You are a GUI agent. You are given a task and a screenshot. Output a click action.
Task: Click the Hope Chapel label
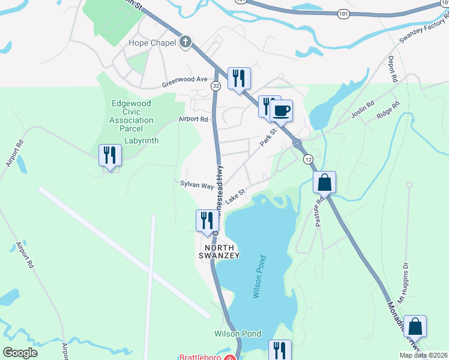click(152, 43)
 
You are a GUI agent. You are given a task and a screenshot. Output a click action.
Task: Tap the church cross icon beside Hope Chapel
click(186, 42)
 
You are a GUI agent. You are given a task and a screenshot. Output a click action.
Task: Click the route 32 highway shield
click(215, 86)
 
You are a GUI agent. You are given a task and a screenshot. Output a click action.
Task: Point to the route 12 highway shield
click(308, 159)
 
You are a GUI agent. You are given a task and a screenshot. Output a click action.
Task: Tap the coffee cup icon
click(281, 110)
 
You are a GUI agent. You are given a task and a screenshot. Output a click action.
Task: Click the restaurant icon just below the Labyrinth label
click(110, 155)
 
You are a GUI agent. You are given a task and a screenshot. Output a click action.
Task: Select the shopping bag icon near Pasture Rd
click(324, 182)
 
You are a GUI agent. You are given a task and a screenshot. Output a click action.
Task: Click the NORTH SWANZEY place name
click(222, 251)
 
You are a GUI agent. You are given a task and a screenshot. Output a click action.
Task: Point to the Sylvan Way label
click(197, 186)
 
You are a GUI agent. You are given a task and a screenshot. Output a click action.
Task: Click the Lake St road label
click(237, 197)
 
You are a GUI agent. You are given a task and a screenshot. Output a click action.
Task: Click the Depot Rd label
click(393, 70)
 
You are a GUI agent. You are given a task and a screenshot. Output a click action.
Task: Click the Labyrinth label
click(141, 141)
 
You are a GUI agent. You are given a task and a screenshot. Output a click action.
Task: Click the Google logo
click(20, 352)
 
